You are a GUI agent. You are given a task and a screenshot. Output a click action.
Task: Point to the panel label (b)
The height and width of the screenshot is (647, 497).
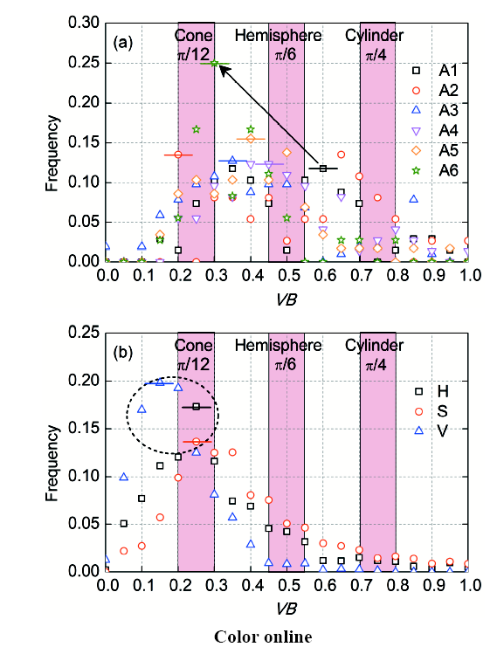pyautogui.click(x=123, y=354)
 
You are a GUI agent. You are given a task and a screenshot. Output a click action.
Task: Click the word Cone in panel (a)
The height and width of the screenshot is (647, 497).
pyautogui.click(x=194, y=36)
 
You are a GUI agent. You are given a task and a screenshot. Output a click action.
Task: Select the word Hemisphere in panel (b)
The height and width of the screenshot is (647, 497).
pyautogui.click(x=278, y=346)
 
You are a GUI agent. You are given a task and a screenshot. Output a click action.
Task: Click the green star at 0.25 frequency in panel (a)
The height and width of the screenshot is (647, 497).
pyautogui.click(x=214, y=63)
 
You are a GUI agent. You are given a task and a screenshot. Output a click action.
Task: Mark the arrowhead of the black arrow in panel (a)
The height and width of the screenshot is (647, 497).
pyautogui.click(x=221, y=69)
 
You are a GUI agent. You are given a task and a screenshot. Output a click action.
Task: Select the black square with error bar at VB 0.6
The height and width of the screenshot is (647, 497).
pyautogui.click(x=323, y=168)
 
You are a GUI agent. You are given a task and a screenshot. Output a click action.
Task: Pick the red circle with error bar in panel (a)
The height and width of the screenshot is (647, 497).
pyautogui.click(x=178, y=155)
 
